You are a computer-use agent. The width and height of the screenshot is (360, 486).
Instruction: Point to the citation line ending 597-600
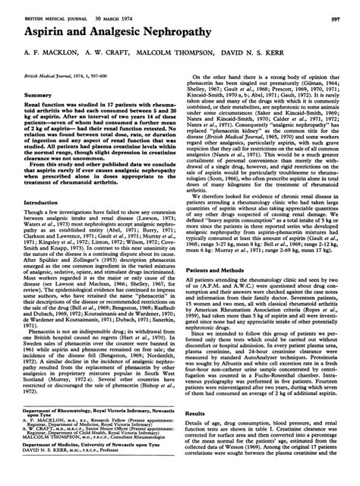55,77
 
